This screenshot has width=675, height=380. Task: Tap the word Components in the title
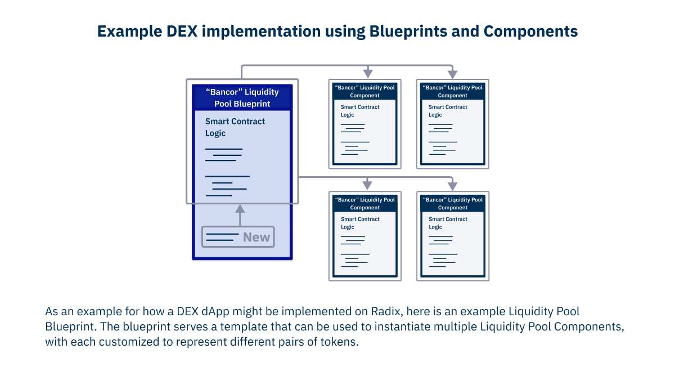pos(532,32)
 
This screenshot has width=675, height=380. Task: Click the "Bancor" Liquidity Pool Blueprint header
pos(242,98)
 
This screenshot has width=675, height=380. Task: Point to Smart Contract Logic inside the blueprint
pos(235,127)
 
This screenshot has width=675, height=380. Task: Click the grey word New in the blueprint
pos(256,237)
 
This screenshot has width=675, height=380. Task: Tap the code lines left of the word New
pos(222,237)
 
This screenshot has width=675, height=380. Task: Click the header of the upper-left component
pos(364,91)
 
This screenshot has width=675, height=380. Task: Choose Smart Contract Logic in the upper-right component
pos(448,110)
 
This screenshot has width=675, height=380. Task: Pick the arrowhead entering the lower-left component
pos(367,185)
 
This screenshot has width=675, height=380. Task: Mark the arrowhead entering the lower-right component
pos(453,185)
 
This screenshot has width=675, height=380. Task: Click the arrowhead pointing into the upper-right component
pos(453,74)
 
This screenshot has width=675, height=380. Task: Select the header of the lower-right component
pos(452,203)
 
